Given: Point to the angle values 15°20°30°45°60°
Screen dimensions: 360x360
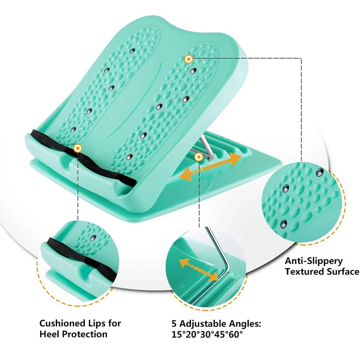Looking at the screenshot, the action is coord(207,334).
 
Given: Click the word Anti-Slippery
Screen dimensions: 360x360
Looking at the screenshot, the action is coord(314,261).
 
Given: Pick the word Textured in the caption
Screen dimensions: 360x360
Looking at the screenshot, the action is coord(304,271).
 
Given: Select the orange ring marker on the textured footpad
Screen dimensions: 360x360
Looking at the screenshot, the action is coord(188,58).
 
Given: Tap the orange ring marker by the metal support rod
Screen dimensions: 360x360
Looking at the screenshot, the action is coord(198,156).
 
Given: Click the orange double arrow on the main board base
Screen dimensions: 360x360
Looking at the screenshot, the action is coord(210,166).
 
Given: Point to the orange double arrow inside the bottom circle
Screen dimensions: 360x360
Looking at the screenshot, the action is coord(197,270).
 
